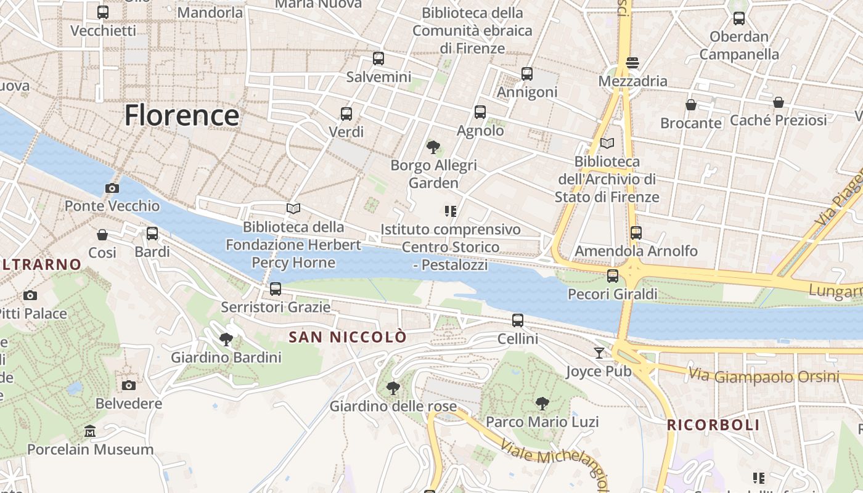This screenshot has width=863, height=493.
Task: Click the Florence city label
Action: (182, 115)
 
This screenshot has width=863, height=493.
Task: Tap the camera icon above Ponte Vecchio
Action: (112, 189)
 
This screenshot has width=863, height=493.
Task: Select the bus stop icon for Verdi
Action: (346, 114)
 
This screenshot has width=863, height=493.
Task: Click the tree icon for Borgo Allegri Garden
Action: (433, 147)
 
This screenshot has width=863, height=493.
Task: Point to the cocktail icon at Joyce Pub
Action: (599, 353)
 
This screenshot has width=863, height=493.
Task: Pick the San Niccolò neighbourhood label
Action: (348, 337)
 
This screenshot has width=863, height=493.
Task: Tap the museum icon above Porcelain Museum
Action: (90, 431)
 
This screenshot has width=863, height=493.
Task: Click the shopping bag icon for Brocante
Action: (691, 105)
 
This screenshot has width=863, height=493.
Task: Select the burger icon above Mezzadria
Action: (632, 63)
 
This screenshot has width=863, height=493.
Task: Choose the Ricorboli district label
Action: (713, 425)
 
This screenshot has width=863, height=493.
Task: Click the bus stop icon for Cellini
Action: (518, 320)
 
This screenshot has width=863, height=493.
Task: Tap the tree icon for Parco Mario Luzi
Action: (542, 404)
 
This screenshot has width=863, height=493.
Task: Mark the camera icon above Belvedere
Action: (129, 386)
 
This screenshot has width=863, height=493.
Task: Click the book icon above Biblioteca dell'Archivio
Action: (607, 144)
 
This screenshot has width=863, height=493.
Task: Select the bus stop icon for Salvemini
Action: (378, 59)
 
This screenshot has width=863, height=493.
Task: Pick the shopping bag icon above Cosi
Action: (102, 235)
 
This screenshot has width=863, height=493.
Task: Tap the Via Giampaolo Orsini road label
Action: (764, 375)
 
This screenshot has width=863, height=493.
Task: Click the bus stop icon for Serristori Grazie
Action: (276, 288)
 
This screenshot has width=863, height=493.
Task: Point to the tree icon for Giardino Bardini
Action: (226, 339)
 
